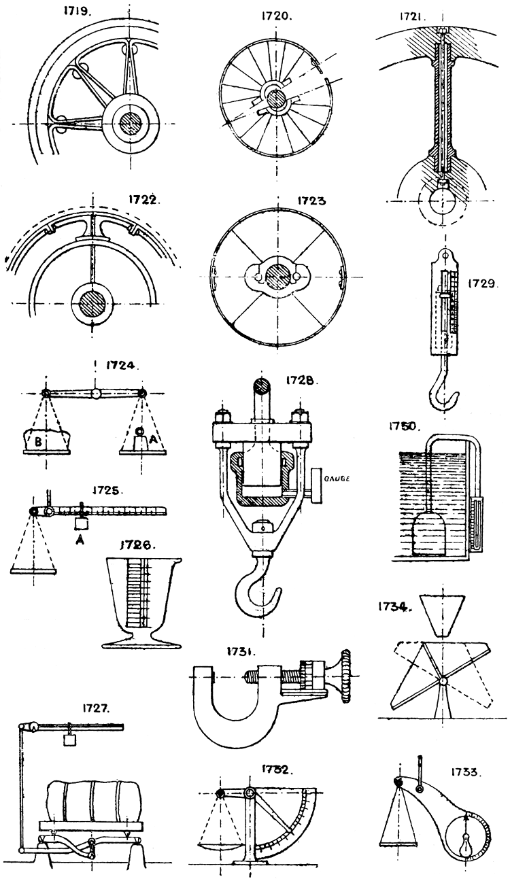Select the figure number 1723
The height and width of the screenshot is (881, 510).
(311, 202)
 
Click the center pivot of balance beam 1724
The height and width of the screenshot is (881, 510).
(96, 394)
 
